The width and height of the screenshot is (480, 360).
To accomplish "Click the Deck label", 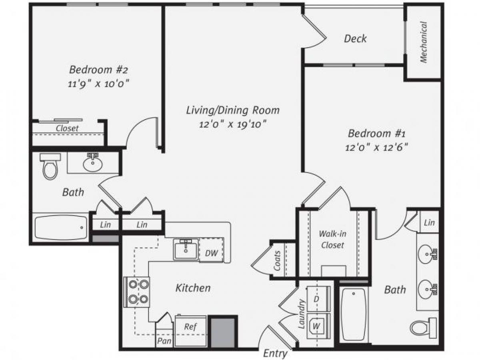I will [355, 39].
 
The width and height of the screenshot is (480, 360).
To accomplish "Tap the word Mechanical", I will [424, 42].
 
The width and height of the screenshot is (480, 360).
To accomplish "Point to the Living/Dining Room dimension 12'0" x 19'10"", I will [233, 124].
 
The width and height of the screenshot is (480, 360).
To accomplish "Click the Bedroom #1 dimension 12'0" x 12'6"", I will [376, 147].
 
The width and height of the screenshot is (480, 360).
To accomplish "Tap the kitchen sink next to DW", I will [186, 250].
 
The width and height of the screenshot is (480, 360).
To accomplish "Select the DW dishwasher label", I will [211, 253].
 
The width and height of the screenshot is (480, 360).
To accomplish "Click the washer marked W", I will [317, 326].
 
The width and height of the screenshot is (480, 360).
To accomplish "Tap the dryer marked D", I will [316, 299].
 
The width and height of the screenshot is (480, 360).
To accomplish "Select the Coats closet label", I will [277, 260].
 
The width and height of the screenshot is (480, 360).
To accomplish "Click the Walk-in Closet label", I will [332, 239].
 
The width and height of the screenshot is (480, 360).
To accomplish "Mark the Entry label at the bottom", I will [275, 354].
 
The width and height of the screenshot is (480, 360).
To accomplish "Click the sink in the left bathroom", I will [92, 164].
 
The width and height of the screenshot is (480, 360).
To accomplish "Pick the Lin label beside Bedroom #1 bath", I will [429, 222].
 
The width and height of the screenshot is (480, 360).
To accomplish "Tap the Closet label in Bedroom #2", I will [67, 128].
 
